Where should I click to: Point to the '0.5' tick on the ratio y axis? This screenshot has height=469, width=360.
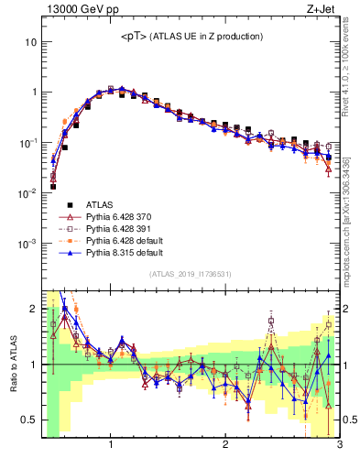click(x=29, y=420)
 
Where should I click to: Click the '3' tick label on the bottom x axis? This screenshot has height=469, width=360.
click(x=339, y=445)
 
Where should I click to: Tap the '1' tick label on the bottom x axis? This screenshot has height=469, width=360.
click(x=111, y=445)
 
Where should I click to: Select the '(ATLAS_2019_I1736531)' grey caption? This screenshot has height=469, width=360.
click(x=191, y=275)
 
